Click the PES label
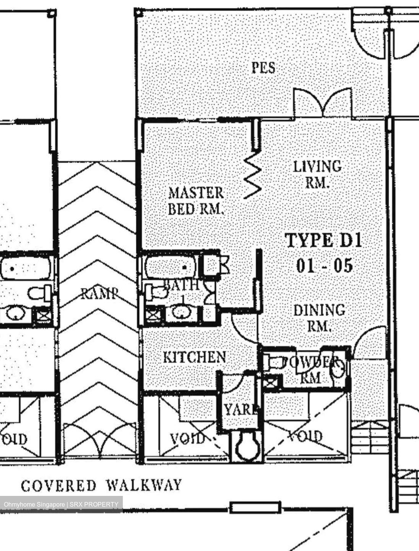pyautogui.click(x=263, y=68)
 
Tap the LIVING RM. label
pyautogui.click(x=317, y=174)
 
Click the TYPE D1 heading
pyautogui.click(x=323, y=241)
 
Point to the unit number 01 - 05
pyautogui.click(x=324, y=265)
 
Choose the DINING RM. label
pyautogui.click(x=319, y=318)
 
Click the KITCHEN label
pyautogui.click(x=194, y=357)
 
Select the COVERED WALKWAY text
pyautogui.click(x=101, y=486)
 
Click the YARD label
pyautogui.click(x=240, y=410)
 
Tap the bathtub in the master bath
pyautogui.click(x=171, y=267)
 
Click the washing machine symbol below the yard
pyautogui.click(x=246, y=446)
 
